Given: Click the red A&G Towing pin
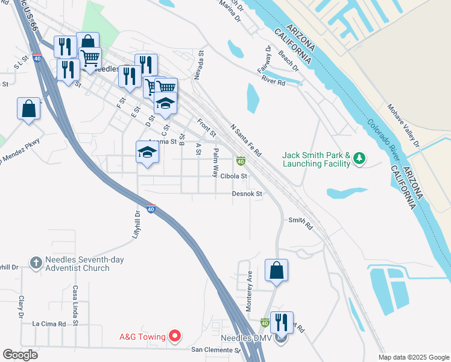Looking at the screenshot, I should (x=175, y=335).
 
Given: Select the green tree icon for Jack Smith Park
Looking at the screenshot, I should (x=360, y=158).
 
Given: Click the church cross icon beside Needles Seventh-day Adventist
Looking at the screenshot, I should (x=36, y=262).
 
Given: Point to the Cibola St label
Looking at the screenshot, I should (x=234, y=176).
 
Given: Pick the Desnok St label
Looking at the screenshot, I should (x=248, y=194).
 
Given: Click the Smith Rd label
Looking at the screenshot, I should (x=301, y=223).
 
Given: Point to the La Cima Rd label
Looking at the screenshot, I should (x=49, y=324).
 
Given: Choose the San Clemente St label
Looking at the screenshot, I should (x=216, y=350).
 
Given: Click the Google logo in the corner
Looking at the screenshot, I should (x=20, y=355).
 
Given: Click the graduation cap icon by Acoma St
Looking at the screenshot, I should (x=147, y=152).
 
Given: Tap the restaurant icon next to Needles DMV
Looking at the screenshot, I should (x=282, y=322).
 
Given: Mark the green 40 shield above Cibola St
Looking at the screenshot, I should (x=241, y=161).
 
